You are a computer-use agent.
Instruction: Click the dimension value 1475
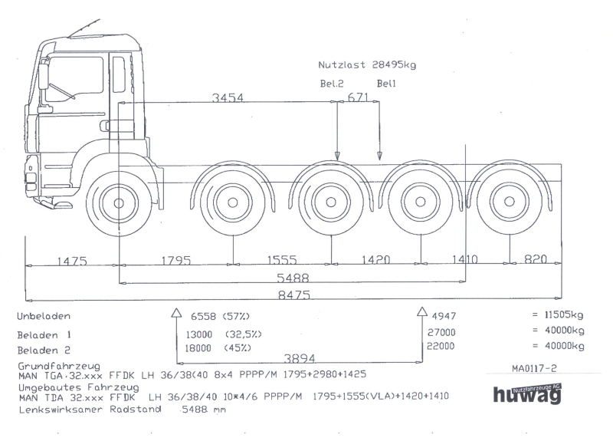(72, 260)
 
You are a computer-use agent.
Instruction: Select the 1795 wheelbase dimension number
(176, 260)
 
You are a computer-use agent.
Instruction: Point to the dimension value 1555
(282, 259)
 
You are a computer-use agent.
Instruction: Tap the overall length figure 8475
(294, 295)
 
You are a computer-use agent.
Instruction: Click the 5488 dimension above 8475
(293, 278)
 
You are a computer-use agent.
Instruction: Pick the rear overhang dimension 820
(535, 258)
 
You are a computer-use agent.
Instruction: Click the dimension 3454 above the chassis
(228, 97)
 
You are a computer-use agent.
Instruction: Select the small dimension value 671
(358, 97)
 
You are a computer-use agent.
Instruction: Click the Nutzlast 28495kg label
(367, 65)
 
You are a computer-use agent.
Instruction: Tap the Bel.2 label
(332, 84)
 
